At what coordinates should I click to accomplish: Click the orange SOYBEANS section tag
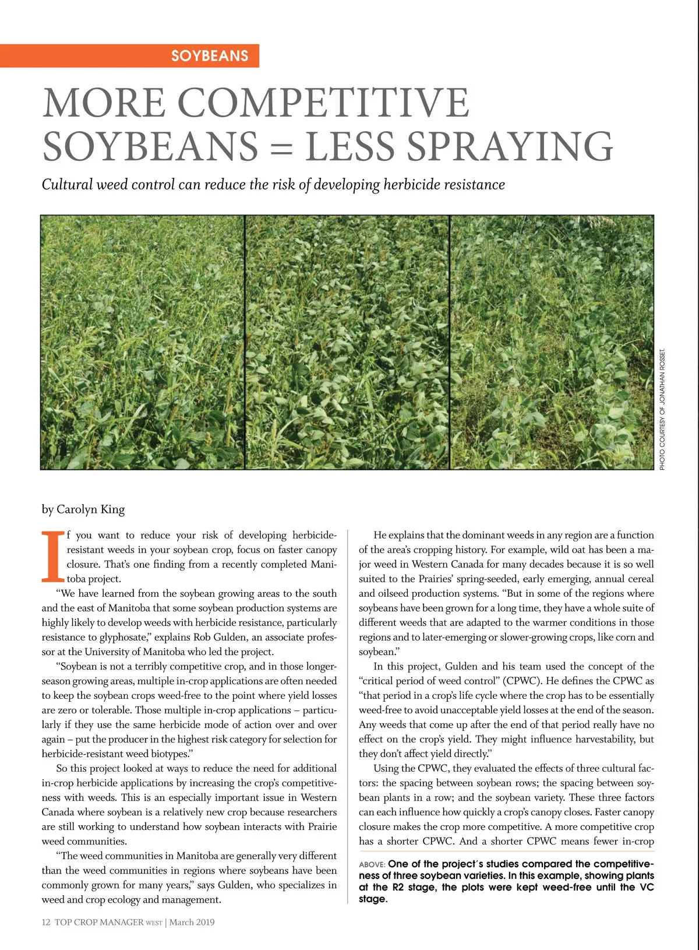pyautogui.click(x=210, y=56)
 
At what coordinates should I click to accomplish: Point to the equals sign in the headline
pyautogui.click(x=281, y=147)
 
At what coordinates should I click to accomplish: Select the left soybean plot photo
pyautogui.click(x=143, y=342)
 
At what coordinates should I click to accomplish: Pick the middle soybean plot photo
pyautogui.click(x=347, y=342)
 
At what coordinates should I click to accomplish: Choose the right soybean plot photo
pyautogui.click(x=552, y=342)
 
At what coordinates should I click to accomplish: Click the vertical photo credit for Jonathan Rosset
pyautogui.click(x=662, y=409)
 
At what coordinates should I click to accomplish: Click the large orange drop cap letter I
pyautogui.click(x=51, y=557)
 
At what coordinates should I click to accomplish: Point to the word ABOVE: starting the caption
pyautogui.click(x=372, y=864)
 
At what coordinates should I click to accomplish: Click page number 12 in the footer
pyautogui.click(x=46, y=922)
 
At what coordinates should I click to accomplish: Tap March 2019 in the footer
pyautogui.click(x=192, y=922)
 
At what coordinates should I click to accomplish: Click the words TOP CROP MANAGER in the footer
pyautogui.click(x=99, y=922)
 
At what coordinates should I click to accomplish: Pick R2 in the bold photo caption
pyautogui.click(x=398, y=887)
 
